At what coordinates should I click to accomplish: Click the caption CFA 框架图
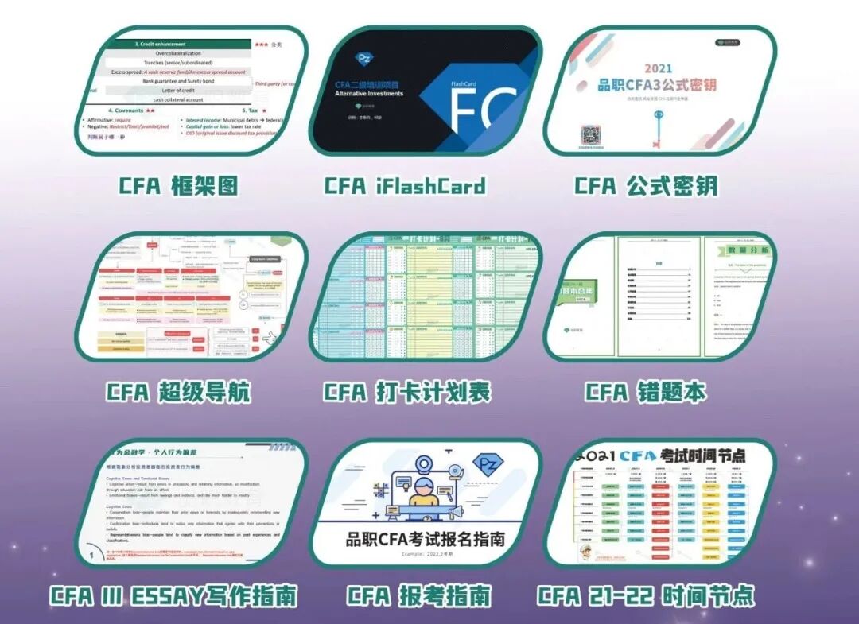pos(179,187)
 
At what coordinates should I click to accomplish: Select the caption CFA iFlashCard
pos(404,187)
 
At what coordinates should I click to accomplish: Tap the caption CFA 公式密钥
pos(646,187)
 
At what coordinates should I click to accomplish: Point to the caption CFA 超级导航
pos(178,392)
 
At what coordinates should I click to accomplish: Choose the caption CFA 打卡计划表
pos(407,392)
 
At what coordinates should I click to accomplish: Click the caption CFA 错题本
pos(645,392)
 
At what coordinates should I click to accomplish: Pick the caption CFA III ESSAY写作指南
pos(173,595)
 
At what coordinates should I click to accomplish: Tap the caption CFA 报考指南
pos(418,595)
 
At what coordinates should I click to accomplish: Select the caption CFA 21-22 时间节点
pos(645,595)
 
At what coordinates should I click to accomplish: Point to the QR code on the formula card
pos(590,136)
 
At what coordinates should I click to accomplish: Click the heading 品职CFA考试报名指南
pos(426,540)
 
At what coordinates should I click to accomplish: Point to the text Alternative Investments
pos(369,94)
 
